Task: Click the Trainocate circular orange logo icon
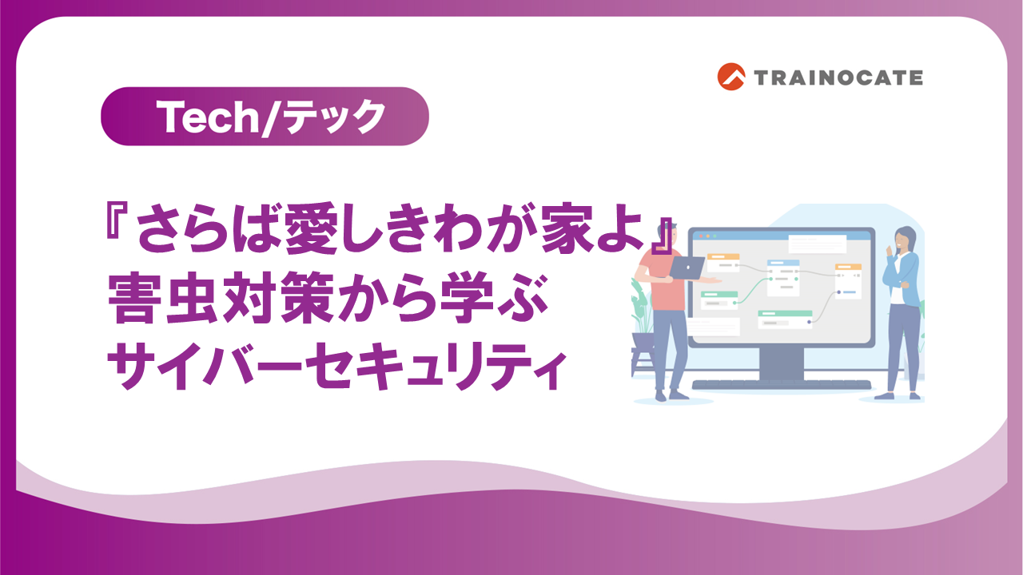[x=731, y=77]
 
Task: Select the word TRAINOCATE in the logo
[x=838, y=77]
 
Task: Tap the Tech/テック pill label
[x=265, y=117]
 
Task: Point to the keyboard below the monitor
[x=781, y=384]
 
